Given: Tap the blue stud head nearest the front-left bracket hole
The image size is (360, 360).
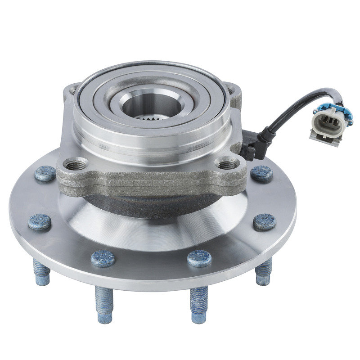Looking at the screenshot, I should (45, 173).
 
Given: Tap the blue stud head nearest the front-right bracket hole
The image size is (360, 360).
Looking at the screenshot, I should (261, 173).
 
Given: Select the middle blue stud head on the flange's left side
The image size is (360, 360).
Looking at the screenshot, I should (40, 222).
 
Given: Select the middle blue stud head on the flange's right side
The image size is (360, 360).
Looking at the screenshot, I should (264, 221).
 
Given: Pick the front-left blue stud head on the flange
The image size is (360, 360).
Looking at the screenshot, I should (103, 258).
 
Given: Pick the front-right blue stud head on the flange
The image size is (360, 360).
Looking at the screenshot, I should (199, 258).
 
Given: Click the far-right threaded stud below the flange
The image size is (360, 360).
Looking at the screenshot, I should (263, 272).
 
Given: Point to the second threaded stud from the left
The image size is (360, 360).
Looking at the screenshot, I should (104, 303).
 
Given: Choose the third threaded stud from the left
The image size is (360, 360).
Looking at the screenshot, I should (198, 303).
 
